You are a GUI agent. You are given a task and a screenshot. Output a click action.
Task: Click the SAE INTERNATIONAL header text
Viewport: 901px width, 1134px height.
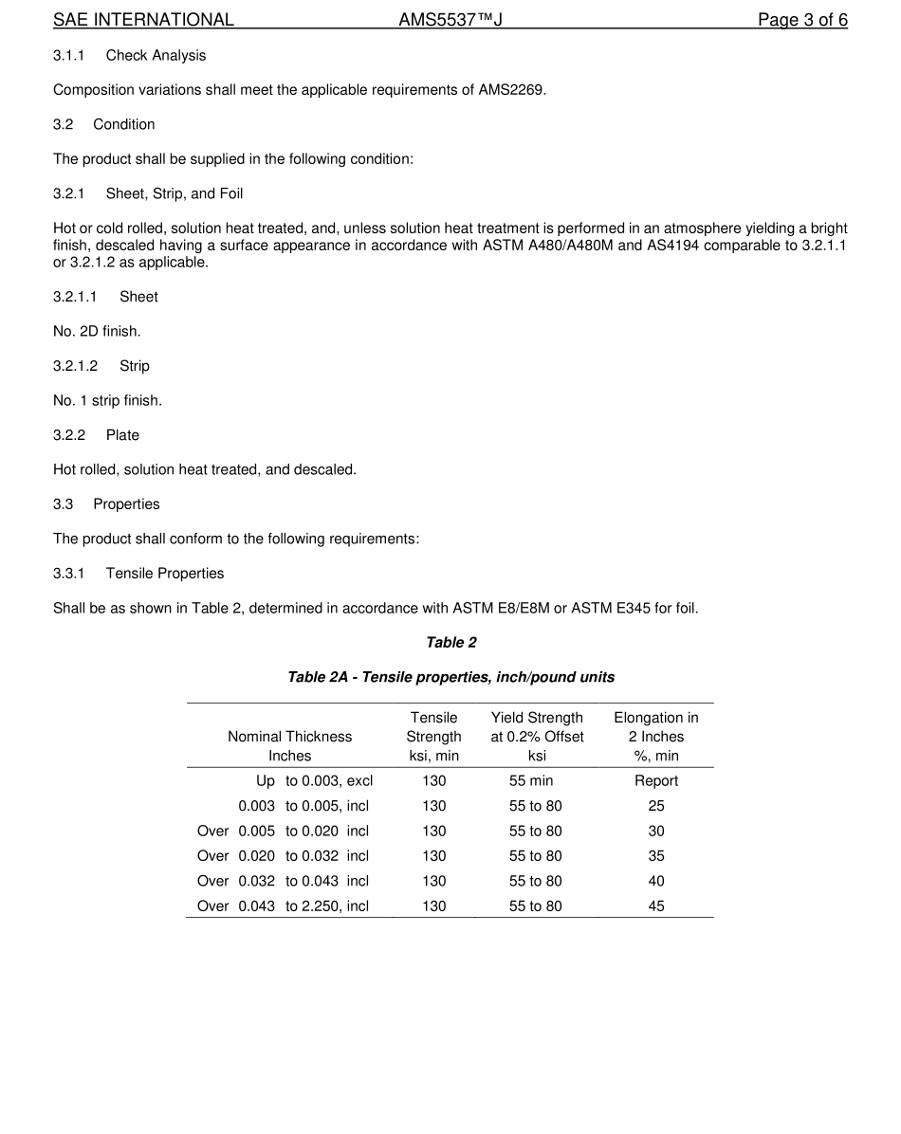(143, 20)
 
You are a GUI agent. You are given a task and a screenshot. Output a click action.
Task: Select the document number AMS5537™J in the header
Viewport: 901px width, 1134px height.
(450, 20)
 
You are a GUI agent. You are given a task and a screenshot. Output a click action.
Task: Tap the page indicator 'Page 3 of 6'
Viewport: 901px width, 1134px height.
(801, 20)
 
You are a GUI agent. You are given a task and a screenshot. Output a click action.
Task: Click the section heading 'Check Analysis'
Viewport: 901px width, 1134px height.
(156, 56)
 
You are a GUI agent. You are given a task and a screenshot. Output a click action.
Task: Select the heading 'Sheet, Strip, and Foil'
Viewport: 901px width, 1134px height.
(175, 193)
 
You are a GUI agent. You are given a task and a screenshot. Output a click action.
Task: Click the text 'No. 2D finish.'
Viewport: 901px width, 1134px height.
(97, 332)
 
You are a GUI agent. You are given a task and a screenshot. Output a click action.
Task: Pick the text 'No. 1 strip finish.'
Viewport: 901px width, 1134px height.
(107, 401)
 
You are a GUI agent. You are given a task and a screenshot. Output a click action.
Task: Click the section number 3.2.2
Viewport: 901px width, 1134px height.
(69, 435)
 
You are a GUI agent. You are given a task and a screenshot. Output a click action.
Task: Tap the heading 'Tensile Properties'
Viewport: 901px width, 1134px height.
(165, 574)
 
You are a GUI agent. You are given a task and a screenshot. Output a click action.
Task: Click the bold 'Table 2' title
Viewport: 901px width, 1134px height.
(451, 643)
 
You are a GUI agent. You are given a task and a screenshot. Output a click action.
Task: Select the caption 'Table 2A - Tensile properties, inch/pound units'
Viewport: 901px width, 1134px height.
(451, 677)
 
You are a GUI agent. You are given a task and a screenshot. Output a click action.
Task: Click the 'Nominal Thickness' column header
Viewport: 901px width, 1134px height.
(289, 737)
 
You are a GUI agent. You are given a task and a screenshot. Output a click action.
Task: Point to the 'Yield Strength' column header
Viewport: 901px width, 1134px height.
(537, 718)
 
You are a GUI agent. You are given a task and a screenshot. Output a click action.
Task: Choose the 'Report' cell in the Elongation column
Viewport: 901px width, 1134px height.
(656, 781)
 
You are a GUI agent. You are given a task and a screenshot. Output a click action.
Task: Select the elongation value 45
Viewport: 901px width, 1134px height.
(656, 906)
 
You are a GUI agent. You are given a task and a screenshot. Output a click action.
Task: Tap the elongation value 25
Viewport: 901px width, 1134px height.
(656, 806)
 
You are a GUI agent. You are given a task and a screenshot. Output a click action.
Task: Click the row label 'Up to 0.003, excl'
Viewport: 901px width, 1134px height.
(314, 781)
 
